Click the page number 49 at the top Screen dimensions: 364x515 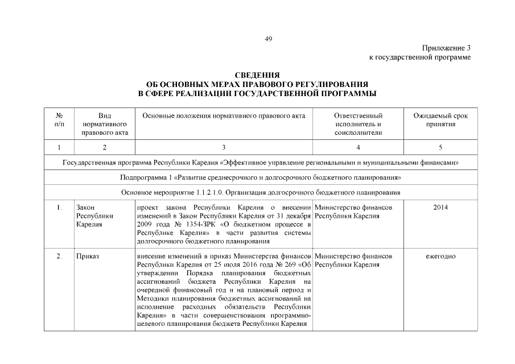pos(269,39)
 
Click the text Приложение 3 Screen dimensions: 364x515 pos(447,48)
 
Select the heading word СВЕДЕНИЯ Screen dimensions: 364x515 pos(257,75)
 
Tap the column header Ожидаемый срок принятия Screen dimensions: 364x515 pos(440,119)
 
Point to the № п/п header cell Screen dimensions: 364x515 pos(60,119)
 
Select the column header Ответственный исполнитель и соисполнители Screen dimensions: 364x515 pos(358,124)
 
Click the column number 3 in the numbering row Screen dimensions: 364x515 pos(224,148)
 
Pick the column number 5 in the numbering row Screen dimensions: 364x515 pos(440,148)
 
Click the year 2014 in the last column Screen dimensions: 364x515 pos(440,208)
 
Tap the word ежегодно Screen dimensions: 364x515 pos(440,257)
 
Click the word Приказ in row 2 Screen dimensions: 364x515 pos(88,257)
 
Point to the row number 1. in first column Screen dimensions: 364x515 pos(60,208)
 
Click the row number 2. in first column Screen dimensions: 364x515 pos(60,257)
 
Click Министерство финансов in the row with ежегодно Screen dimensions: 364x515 pos(353,257)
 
